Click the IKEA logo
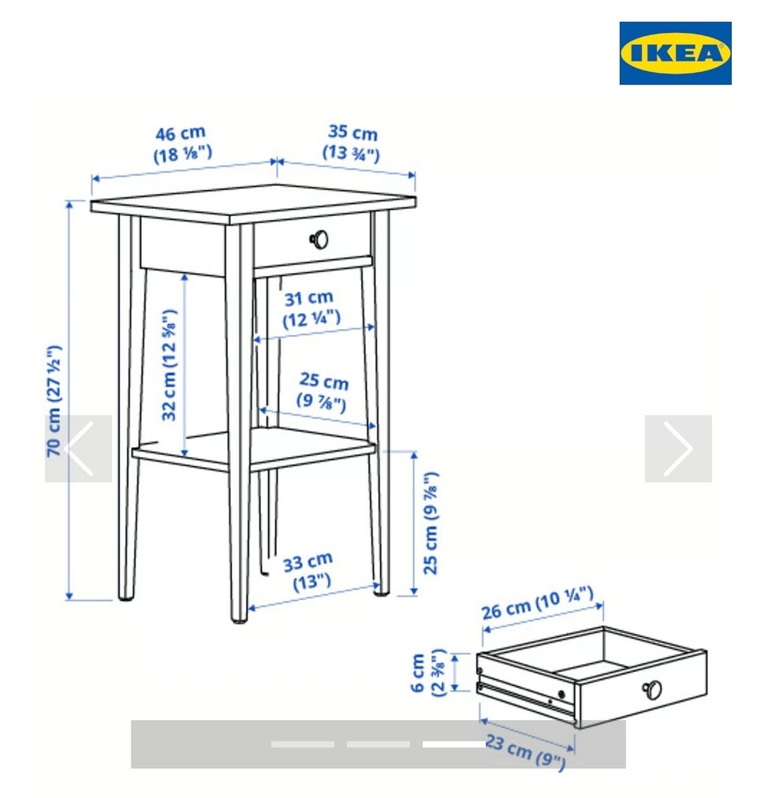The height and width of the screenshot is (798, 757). pos(675,53)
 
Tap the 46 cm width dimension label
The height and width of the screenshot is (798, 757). pos(182,144)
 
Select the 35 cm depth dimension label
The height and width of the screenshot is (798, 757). pos(352,143)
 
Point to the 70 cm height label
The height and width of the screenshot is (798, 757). pos(54,401)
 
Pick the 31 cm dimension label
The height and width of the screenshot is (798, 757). pos(311,308)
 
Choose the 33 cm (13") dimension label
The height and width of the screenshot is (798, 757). pos(309,572)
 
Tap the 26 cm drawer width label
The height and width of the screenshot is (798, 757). pos(538,602)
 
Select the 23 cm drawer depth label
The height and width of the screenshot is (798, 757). pos(525,752)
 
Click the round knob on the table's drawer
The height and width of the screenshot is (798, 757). pos(319,239)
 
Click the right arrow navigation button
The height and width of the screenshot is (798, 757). pos(678,449)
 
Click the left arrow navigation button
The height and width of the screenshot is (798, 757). pos(78,449)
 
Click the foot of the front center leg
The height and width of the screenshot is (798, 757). pos(238,617)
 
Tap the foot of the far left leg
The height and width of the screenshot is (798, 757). pos(125,595)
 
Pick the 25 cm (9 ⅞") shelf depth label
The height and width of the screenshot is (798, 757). pos(323,391)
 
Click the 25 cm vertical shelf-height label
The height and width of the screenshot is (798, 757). pos(431,523)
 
